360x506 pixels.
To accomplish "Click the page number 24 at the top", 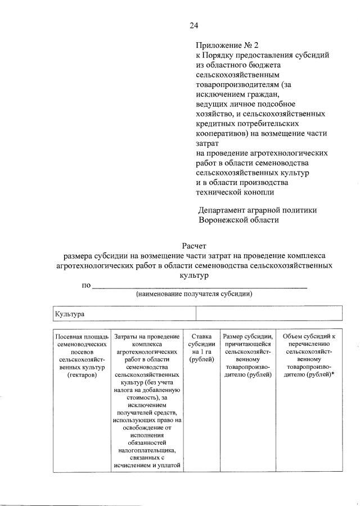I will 193,25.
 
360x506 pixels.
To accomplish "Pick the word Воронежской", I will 224,220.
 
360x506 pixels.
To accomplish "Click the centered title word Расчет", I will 194,246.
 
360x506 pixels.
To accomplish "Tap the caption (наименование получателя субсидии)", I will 193,294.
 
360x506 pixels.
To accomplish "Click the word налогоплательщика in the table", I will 147,450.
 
